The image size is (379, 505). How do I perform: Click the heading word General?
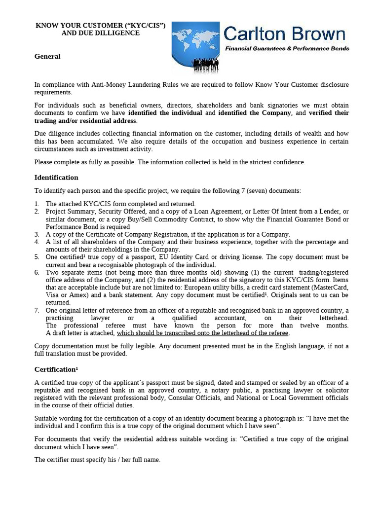[47, 56]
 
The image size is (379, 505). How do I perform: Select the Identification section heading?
[56, 178]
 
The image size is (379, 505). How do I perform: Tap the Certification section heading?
[54, 369]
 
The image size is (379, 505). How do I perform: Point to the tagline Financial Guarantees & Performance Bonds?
[287, 48]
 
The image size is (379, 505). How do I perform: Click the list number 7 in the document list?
[37, 310]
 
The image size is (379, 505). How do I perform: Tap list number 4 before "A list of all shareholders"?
[37, 242]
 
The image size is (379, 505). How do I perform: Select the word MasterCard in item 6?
[331, 288]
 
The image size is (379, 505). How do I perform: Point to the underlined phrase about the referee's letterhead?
[202, 333]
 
